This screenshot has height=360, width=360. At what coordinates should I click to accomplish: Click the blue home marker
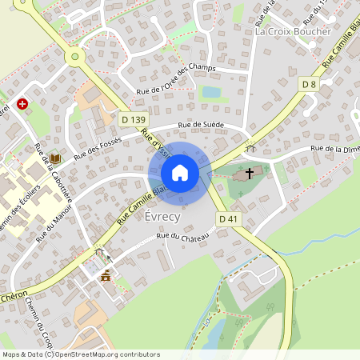180,173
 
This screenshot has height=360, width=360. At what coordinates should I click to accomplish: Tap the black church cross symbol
250,173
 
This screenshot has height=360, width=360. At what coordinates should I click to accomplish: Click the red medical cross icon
23,104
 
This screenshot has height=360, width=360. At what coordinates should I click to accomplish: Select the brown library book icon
54,160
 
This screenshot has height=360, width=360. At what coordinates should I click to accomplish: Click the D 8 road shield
310,84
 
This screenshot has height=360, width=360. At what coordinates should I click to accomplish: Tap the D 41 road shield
227,218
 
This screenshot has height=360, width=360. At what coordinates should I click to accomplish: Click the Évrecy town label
163,217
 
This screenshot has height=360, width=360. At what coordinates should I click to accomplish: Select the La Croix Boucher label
293,31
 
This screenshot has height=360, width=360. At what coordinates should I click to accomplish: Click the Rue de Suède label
201,126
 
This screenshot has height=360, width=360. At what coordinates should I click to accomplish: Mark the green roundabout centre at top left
74,56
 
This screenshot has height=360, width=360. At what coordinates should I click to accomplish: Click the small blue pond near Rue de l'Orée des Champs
210,92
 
